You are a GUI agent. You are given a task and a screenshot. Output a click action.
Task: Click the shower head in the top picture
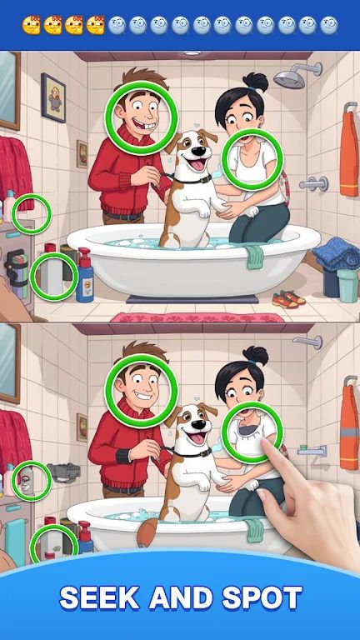[287, 78]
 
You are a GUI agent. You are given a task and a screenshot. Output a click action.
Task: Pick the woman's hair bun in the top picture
[256, 82]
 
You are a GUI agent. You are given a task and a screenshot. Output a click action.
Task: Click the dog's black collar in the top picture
[192, 178]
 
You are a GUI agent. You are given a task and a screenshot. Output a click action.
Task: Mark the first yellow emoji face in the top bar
[32, 25]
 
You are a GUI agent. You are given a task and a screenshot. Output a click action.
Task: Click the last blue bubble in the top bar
[329, 25]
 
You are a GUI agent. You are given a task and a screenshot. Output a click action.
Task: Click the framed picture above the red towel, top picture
[53, 97]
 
